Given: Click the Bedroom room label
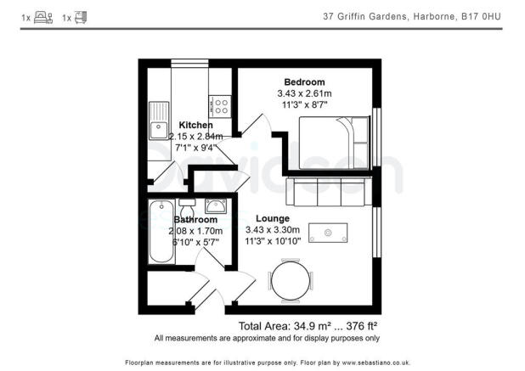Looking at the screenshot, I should (303, 82).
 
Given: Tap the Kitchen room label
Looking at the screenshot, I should (195, 125).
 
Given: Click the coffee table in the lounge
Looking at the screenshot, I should (328, 232).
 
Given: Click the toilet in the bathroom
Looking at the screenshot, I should (188, 206).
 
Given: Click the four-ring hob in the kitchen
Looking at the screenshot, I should (221, 106).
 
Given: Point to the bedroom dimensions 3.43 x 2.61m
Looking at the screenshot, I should (303, 93).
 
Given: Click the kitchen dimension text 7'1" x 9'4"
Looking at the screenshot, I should (195, 147).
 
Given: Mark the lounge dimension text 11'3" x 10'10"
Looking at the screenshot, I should (273, 241).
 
